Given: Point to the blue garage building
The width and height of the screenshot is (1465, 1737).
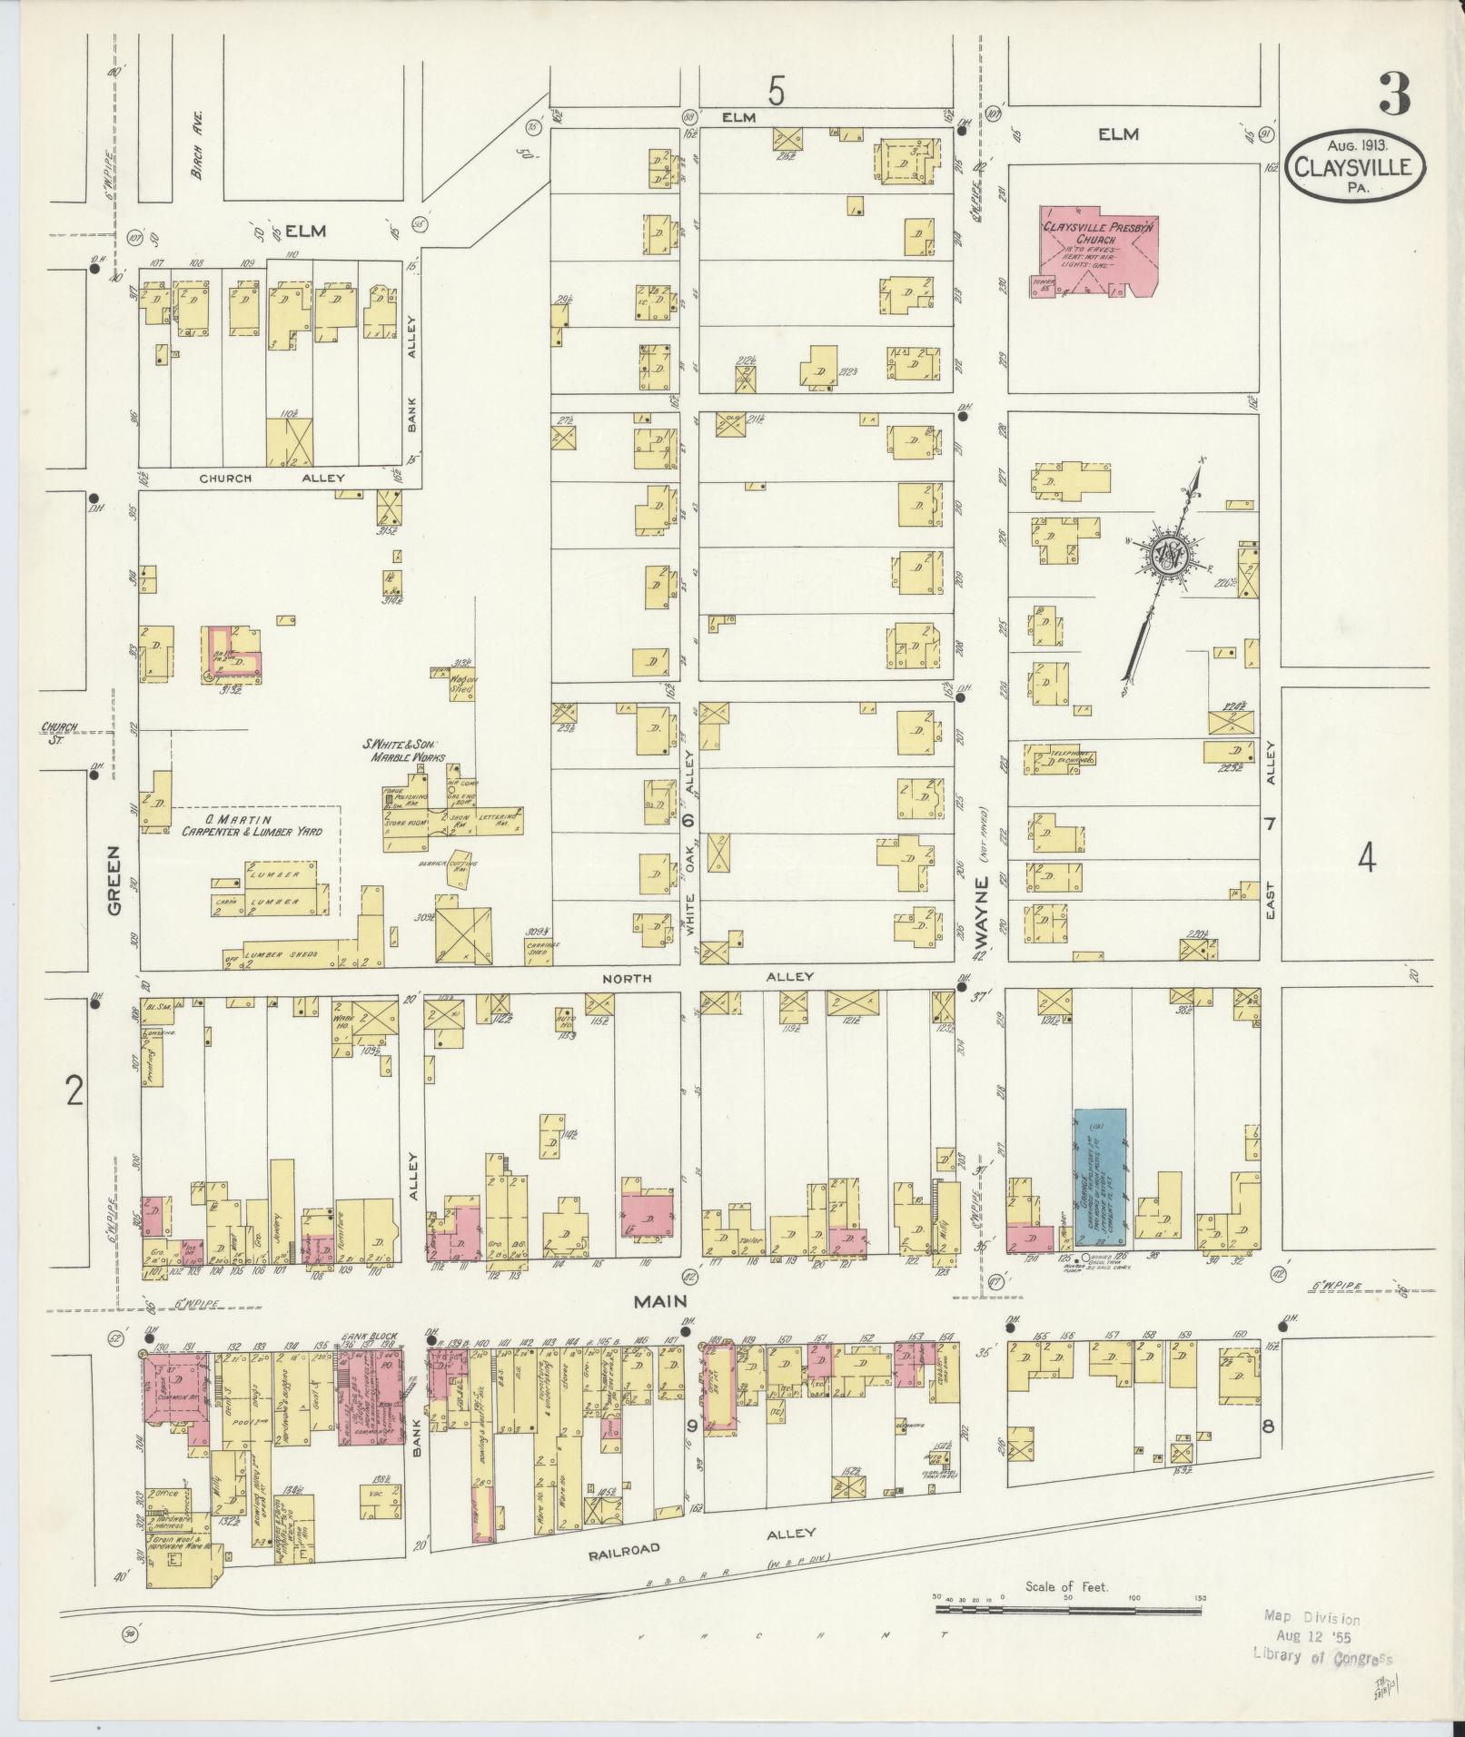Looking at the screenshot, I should [1100, 1177].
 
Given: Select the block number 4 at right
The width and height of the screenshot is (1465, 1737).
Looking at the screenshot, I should [1367, 857].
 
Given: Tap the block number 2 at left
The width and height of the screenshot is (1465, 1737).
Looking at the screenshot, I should [74, 1091].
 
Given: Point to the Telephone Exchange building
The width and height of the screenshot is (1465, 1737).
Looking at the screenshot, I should [1059, 757].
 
